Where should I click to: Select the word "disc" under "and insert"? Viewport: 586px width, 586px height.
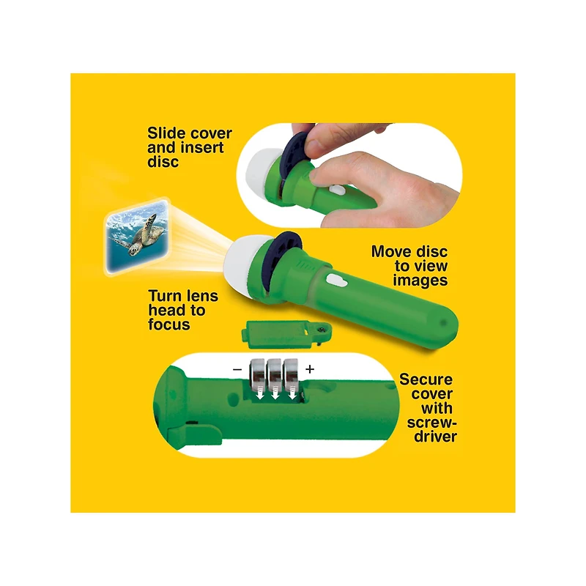(163, 162)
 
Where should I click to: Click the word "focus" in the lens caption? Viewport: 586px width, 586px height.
(169, 324)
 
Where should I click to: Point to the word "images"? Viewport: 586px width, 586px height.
(420, 281)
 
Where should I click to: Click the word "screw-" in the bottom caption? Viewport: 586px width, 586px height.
(431, 423)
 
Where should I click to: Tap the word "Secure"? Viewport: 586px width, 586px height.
(426, 379)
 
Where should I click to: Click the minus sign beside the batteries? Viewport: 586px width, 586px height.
(237, 370)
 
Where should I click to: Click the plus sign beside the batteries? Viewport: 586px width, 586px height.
(310, 369)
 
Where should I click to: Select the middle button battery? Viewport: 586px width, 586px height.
(275, 374)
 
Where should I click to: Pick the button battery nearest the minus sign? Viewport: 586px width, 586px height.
(258, 374)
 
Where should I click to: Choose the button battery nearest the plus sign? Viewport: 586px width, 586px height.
(291, 374)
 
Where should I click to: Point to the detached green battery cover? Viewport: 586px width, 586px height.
(286, 334)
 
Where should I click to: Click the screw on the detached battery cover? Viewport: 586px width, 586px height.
(321, 329)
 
